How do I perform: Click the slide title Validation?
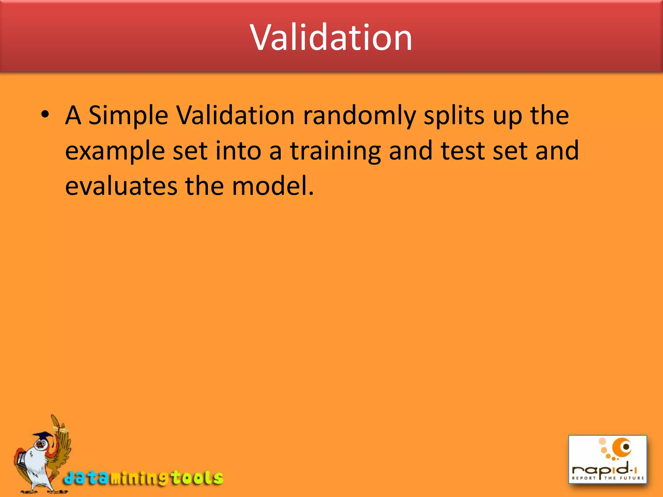coord(331,38)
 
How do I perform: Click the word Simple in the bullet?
coord(128,116)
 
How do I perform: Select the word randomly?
coord(359,116)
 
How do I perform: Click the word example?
coord(115,151)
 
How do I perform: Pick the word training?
coord(335,151)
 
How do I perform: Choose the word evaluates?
coord(121,187)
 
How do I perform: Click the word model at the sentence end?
coord(272,187)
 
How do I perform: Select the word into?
coord(238,151)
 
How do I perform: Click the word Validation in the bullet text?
coord(235,116)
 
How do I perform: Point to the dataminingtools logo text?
coord(143,478)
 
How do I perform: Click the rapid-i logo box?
coord(607,459)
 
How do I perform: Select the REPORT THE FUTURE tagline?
coord(608,478)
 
